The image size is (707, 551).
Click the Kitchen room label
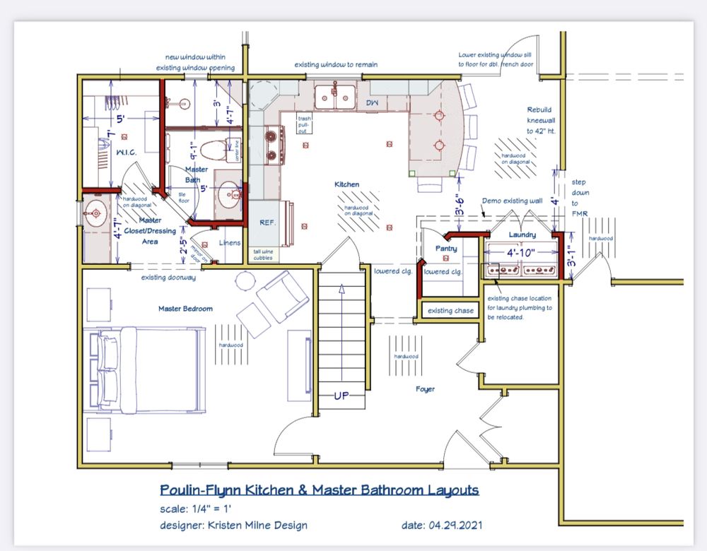click(346, 184)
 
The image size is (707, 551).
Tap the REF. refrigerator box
click(267, 222)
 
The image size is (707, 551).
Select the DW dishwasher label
click(371, 103)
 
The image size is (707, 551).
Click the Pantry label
click(446, 249)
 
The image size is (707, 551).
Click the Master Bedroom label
click(186, 309)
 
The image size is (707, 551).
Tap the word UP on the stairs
click(342, 396)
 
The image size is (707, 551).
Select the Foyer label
click(425, 389)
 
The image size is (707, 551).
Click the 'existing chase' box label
click(450, 311)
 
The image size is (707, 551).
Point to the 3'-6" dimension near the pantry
click(459, 204)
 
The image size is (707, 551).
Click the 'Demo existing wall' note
click(511, 201)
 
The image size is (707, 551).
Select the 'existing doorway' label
click(168, 278)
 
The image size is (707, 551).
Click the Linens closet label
click(230, 243)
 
